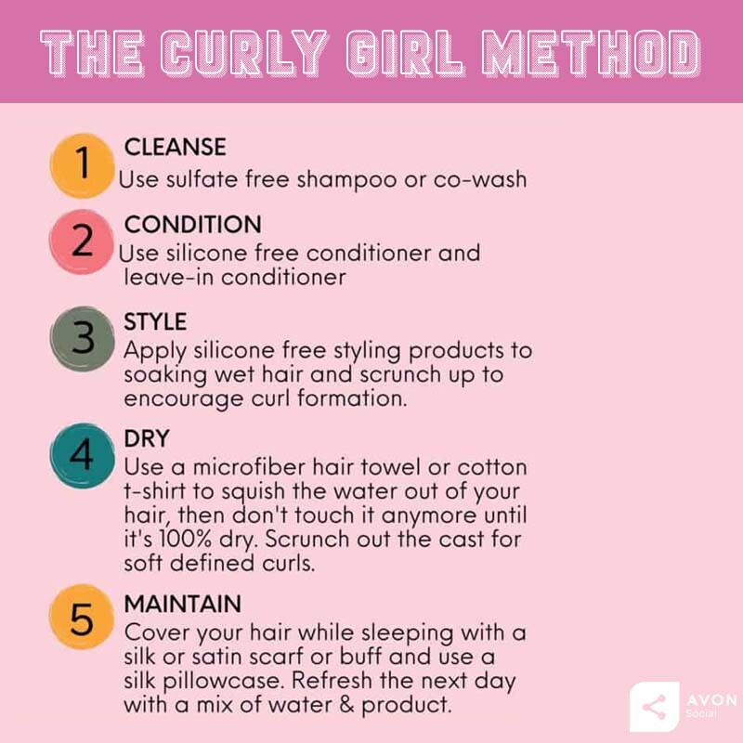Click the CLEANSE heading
(175, 147)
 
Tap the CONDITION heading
(192, 225)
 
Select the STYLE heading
(155, 321)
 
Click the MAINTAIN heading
(182, 604)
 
